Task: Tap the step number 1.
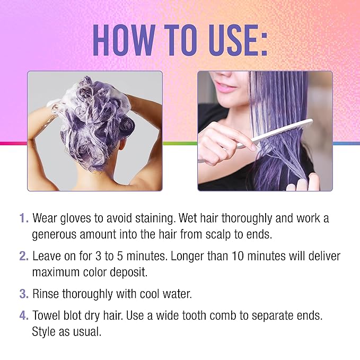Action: pyautogui.click(x=23, y=218)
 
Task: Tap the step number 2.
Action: pyautogui.click(x=23, y=256)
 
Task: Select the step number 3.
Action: pyautogui.click(x=23, y=293)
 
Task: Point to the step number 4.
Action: pyautogui.click(x=23, y=315)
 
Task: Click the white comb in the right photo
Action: pyautogui.click(x=276, y=133)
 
